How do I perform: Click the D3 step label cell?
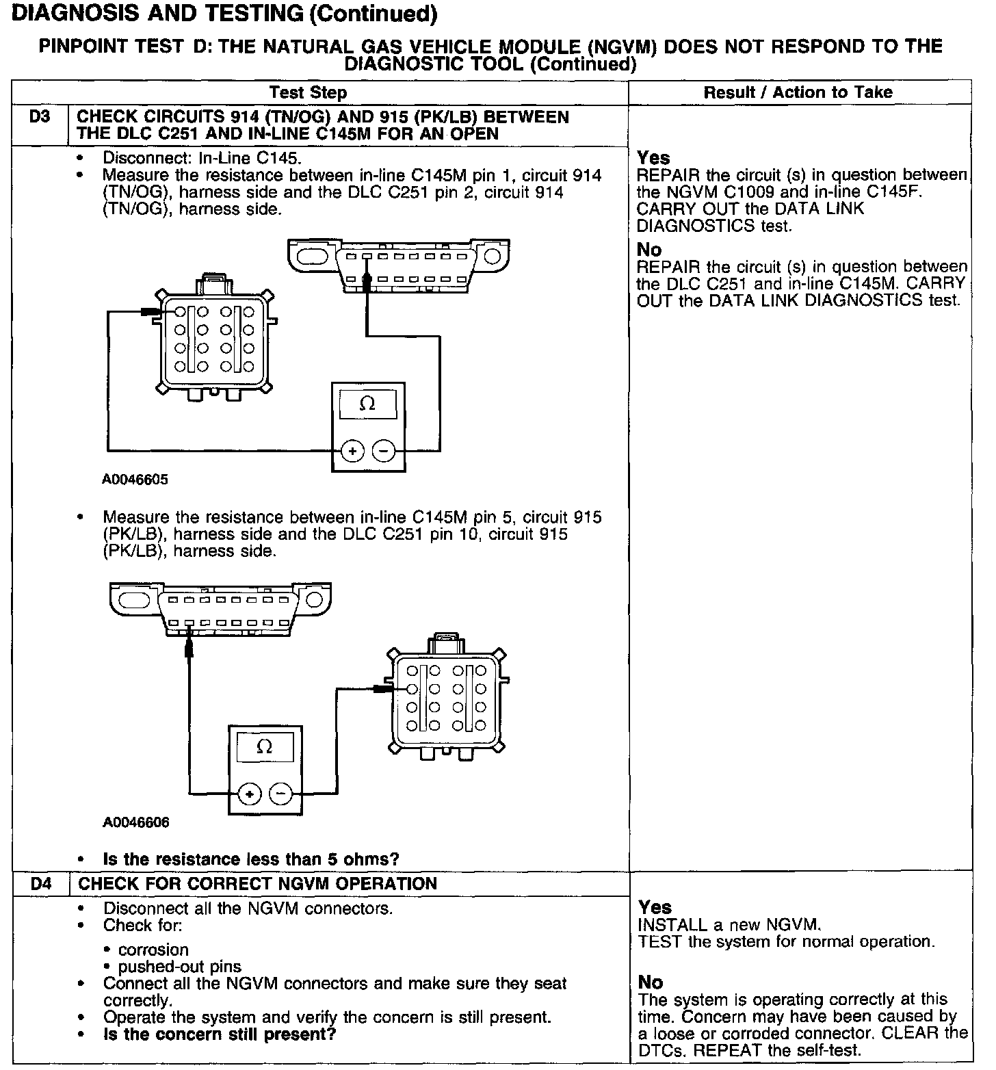pos(40,117)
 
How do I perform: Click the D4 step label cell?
pos(41,883)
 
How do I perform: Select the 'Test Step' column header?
pos(308,92)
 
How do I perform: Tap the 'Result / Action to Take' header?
pos(798,92)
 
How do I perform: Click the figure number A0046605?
pos(135,480)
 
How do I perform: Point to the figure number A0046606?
pos(135,822)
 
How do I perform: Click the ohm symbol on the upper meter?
pos(367,404)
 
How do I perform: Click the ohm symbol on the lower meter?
pos(264,746)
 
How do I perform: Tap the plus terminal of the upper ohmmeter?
pos(352,452)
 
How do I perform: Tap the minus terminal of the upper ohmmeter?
pos(384,452)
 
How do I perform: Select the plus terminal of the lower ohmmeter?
pos(249,794)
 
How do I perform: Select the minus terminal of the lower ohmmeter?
pos(280,794)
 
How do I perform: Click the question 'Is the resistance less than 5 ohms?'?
pos(250,859)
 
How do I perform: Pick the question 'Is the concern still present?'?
pos(219,1034)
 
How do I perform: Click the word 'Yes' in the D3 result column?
pos(653,157)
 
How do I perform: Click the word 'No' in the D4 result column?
pos(651,982)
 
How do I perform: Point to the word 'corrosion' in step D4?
pos(153,950)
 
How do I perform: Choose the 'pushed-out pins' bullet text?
pos(179,967)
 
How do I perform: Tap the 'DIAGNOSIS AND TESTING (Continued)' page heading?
pos(224,14)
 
